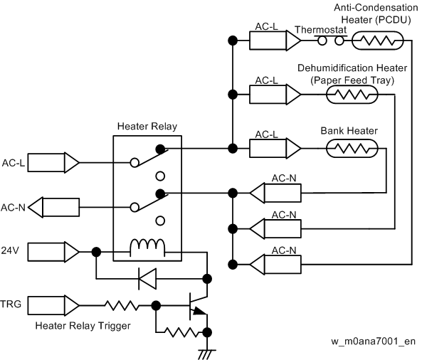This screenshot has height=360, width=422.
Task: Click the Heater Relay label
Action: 147,126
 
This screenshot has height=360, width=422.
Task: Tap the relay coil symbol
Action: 147,247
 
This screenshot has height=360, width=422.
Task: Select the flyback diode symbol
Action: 147,279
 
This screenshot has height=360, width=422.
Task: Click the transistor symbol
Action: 198,305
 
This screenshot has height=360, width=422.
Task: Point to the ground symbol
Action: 207,354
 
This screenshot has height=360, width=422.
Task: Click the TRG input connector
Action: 53,305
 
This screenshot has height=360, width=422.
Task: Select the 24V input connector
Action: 53,252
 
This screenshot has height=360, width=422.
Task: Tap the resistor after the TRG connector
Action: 122,305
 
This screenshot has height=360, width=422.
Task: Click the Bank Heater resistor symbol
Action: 352,148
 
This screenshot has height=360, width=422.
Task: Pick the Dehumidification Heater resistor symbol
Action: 352,95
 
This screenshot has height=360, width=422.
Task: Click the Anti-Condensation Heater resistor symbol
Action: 378,41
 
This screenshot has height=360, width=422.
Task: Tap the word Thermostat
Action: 320,30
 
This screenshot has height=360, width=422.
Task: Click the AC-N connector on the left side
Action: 53,207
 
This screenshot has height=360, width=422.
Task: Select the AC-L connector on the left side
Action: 53,162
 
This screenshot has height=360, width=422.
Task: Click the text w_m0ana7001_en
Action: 374,342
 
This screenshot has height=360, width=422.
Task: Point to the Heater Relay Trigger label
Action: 83,326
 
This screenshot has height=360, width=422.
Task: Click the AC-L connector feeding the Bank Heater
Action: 275,148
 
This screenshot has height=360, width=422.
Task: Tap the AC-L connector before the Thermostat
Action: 275,41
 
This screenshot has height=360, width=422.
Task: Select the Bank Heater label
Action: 349,131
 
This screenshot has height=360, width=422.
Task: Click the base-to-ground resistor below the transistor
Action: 182,332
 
